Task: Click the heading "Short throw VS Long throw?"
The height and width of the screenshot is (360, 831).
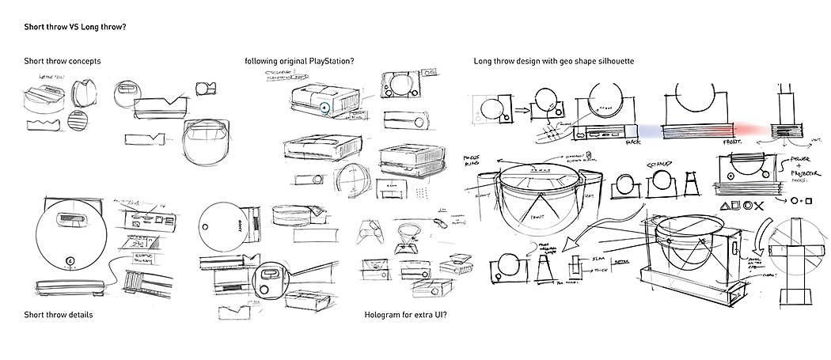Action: click(76, 26)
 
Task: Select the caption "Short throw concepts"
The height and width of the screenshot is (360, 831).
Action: click(62, 62)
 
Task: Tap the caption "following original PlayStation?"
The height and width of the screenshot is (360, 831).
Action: click(298, 62)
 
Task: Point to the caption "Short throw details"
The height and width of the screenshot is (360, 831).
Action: click(59, 315)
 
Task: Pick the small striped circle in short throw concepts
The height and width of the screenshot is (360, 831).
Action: click(78, 123)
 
